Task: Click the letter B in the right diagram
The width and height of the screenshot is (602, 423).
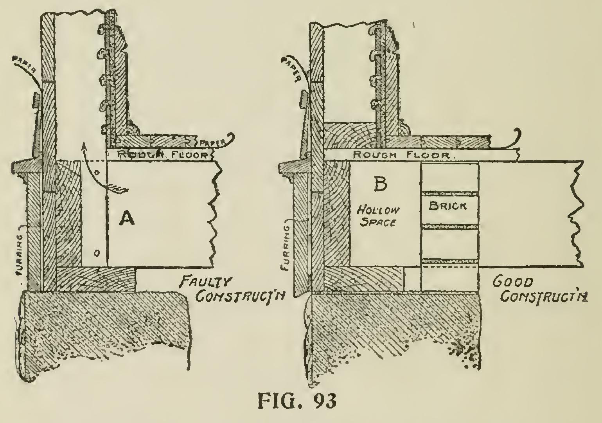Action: [380, 184]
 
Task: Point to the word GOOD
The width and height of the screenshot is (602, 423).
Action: [508, 283]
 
